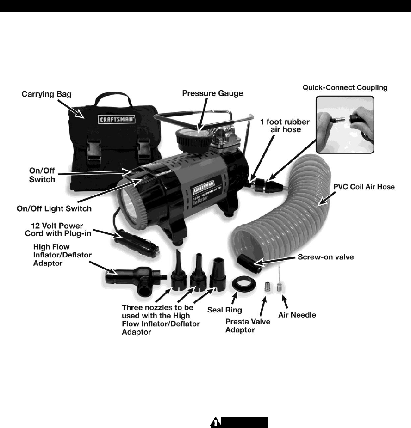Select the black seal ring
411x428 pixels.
[x=242, y=284]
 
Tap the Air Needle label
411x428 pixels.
[x=297, y=315]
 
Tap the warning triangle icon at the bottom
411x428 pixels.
[x=216, y=422]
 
